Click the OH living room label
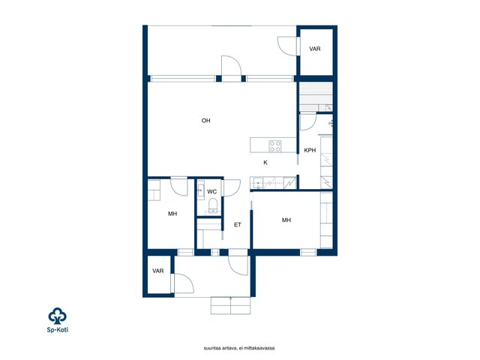click(x=205, y=121)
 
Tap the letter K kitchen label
click(x=265, y=163)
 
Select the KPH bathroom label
click(x=310, y=150)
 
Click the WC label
click(x=211, y=192)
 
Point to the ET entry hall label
click(x=238, y=225)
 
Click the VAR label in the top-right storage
click(x=315, y=49)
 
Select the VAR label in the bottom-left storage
click(x=158, y=271)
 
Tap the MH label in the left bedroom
click(x=172, y=214)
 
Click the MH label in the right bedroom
click(x=286, y=220)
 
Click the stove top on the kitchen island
click(x=275, y=146)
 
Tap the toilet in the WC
click(x=213, y=205)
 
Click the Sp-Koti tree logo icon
click(x=57, y=316)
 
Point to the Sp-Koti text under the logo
click(x=58, y=330)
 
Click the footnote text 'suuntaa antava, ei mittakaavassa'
click(x=239, y=348)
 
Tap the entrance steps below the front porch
click(x=230, y=305)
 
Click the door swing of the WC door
click(x=232, y=187)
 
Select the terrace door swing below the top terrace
click(x=232, y=68)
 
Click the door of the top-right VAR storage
click(x=287, y=46)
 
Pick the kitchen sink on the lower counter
click(x=257, y=183)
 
